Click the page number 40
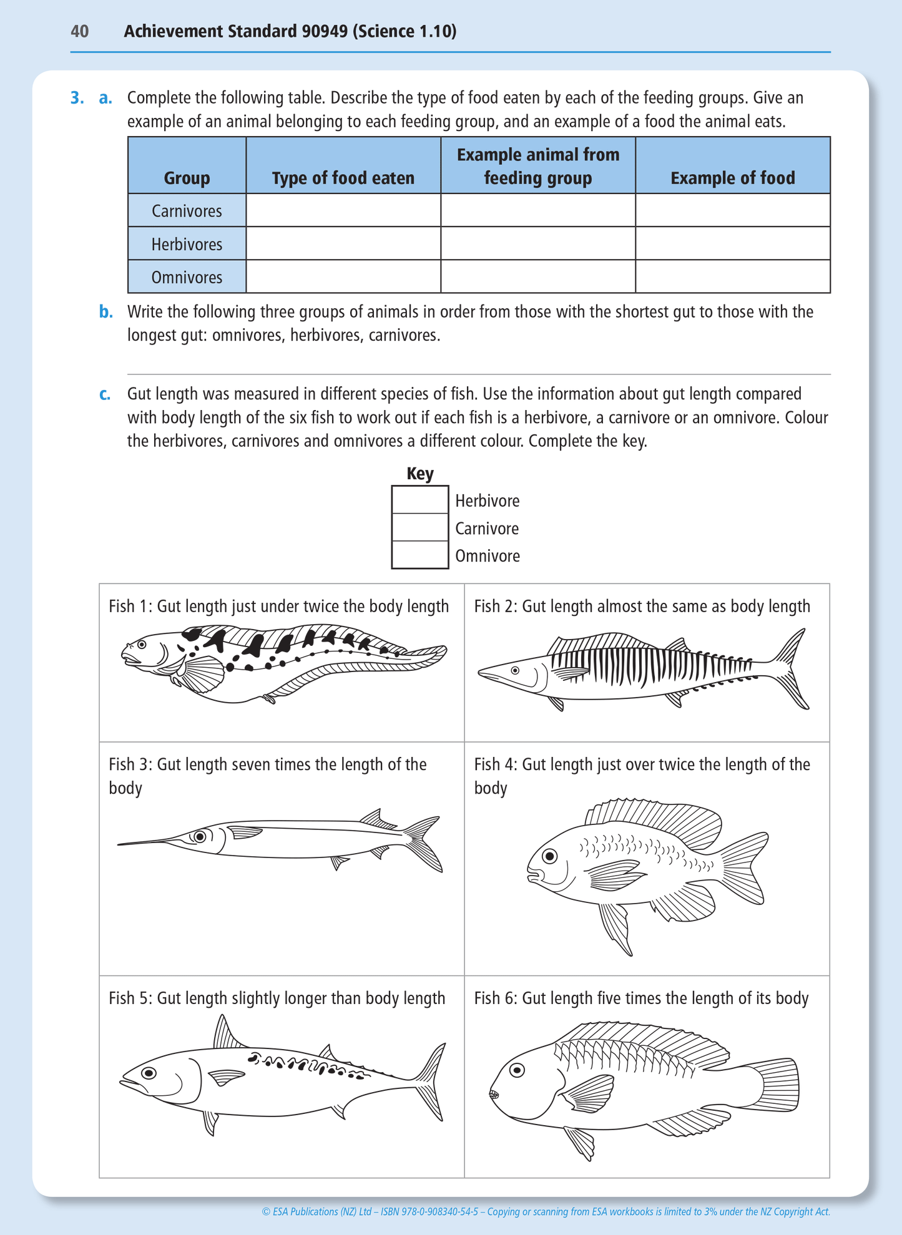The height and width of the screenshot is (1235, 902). (x=80, y=31)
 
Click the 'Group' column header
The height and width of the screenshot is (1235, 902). (x=187, y=178)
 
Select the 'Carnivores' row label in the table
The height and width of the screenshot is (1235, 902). (x=187, y=211)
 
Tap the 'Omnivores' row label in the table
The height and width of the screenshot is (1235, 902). (x=187, y=277)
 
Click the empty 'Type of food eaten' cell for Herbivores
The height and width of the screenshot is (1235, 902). (x=343, y=243)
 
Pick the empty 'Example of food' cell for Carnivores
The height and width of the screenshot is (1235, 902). (x=732, y=210)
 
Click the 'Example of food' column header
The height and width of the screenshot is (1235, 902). (x=732, y=178)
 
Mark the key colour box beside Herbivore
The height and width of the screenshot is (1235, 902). (x=419, y=500)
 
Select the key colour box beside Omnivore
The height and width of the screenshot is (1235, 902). (x=419, y=555)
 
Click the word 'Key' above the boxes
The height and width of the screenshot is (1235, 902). (x=420, y=474)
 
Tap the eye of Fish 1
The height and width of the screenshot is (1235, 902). (x=142, y=643)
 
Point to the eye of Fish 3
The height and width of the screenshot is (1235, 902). (x=200, y=836)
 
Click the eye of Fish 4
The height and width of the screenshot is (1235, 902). (x=550, y=856)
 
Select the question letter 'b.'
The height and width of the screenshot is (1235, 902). (x=106, y=312)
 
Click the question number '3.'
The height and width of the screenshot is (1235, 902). (x=77, y=98)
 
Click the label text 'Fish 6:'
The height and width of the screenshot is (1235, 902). (x=496, y=998)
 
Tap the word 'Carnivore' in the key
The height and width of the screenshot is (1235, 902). (x=487, y=529)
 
